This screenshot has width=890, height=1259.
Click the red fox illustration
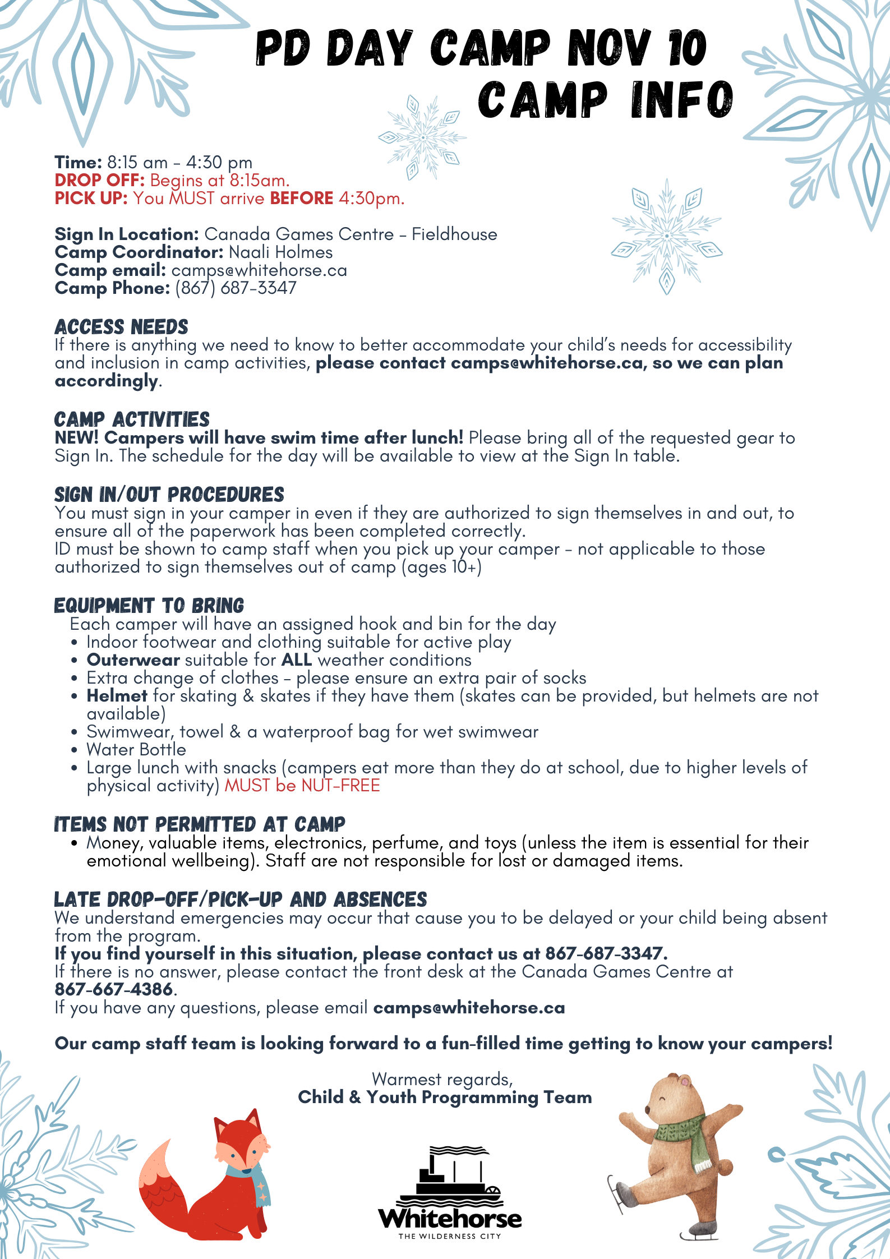[x=207, y=1178]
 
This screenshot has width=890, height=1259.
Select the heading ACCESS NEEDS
[x=121, y=327]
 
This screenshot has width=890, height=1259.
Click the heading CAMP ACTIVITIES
[x=132, y=419]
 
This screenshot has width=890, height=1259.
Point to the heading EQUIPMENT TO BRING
[x=149, y=606]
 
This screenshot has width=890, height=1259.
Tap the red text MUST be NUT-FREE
[x=302, y=786]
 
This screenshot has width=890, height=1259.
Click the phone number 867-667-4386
[x=113, y=990]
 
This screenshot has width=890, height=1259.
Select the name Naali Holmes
[x=281, y=252]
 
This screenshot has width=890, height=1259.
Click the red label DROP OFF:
[x=100, y=181]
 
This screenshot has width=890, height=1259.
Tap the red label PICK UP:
[x=91, y=199]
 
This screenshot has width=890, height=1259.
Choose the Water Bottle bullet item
[x=136, y=750]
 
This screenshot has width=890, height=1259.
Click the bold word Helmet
[x=117, y=696]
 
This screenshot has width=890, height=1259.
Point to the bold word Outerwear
[x=133, y=660]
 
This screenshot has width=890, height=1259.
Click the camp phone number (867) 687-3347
[x=236, y=288]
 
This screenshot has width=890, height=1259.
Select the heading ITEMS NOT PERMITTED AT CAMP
[x=200, y=824]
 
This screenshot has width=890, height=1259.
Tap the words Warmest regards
[x=442, y=1079]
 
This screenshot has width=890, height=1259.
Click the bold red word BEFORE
[x=302, y=199]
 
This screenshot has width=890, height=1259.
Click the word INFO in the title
[x=681, y=100]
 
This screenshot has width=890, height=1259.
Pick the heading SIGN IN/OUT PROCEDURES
[x=169, y=495]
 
